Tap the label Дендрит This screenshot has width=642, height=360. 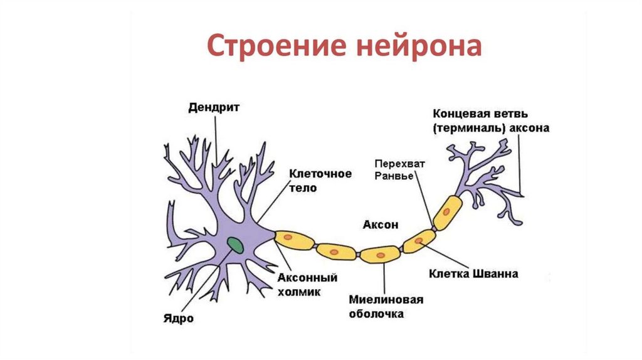pyautogui.click(x=214, y=107)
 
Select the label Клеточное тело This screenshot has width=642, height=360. pyautogui.click(x=320, y=180)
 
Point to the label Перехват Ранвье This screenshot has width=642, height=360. pyautogui.click(x=400, y=170)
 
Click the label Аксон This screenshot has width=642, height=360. pyautogui.click(x=380, y=224)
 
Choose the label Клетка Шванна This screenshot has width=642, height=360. pyautogui.click(x=473, y=274)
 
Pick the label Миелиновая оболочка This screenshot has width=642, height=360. pyautogui.click(x=386, y=307)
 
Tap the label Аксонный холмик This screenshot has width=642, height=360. pyautogui.click(x=307, y=283)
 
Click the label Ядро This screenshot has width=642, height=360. pyautogui.click(x=178, y=318)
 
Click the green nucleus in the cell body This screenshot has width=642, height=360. pyautogui.click(x=236, y=244)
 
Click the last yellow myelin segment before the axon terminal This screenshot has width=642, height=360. pyautogui.click(x=446, y=210)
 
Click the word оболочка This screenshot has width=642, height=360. pyautogui.click(x=377, y=313)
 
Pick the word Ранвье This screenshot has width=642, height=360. pyautogui.click(x=393, y=176)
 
